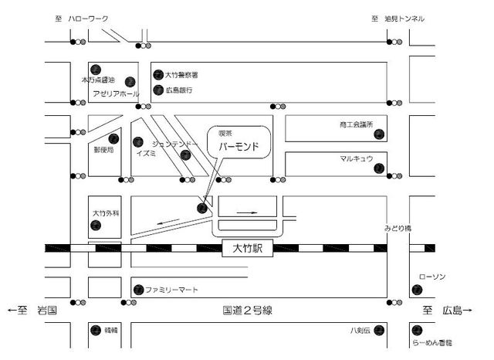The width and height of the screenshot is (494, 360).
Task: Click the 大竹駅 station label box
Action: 247,249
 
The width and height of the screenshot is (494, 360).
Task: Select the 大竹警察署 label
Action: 182,75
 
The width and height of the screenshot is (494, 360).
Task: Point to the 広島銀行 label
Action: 178,90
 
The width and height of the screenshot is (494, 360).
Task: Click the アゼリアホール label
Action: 116,93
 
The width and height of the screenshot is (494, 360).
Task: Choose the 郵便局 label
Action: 104,149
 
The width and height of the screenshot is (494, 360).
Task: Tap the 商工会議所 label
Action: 356,124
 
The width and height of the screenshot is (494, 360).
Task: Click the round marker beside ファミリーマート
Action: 137,290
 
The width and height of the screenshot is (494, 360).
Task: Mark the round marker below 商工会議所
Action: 378,135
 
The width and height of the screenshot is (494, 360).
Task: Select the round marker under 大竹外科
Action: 95,225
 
